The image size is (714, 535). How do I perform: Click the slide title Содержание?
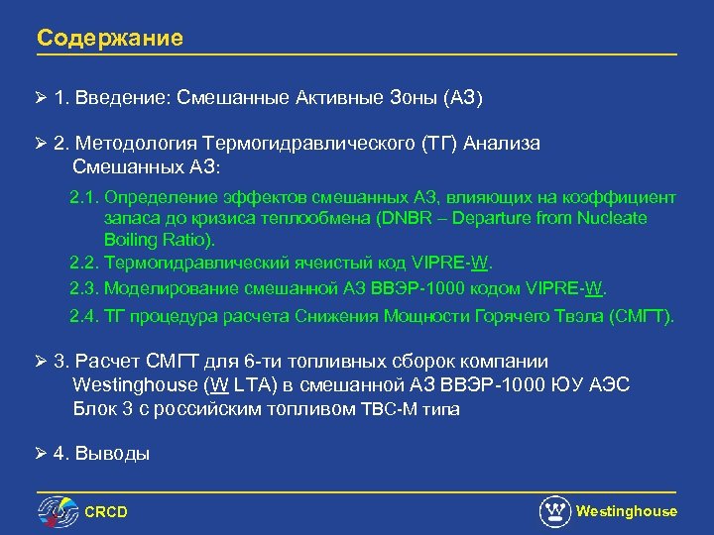pos(110,39)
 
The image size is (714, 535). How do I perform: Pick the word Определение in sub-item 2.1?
pos(158,197)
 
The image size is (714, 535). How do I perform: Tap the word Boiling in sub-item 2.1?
pos(131,240)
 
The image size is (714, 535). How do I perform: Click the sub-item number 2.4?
pos(83,316)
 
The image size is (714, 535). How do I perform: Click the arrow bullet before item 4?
pos(41,454)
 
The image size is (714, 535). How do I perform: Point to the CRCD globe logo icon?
pos(58,511)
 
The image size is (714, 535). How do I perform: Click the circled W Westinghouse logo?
pos(554,511)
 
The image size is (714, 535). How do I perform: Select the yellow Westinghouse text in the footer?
pos(627,511)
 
